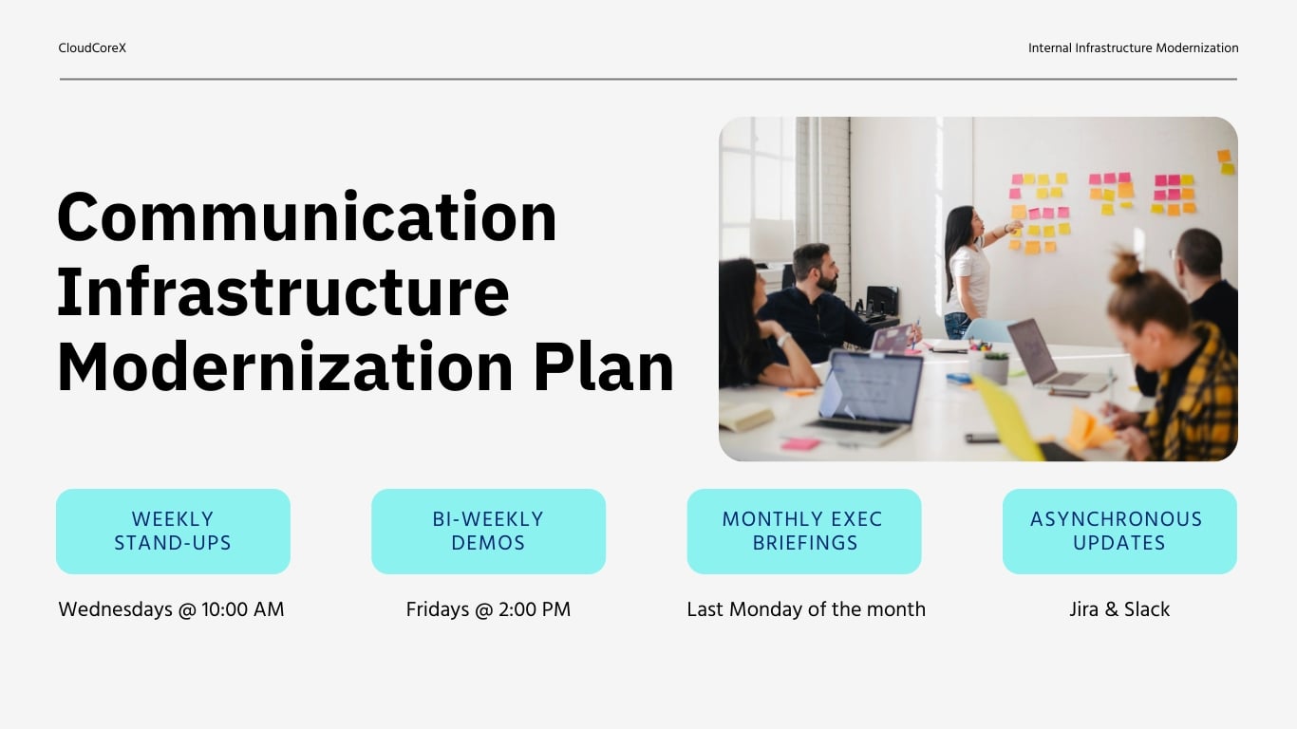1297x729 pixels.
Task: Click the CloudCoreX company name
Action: click(x=92, y=48)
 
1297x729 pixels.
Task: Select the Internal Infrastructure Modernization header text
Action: click(x=1133, y=48)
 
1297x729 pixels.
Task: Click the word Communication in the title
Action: click(x=307, y=217)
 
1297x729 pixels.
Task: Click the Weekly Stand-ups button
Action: click(x=173, y=532)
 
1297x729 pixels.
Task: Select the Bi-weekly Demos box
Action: click(x=488, y=532)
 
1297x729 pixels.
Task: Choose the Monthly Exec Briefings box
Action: click(x=803, y=532)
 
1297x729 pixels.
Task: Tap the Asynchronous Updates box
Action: click(x=1119, y=532)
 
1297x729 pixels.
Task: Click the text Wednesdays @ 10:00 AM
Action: click(x=171, y=609)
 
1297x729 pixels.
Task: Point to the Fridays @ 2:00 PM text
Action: click(x=488, y=609)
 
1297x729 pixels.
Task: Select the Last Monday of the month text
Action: click(x=805, y=609)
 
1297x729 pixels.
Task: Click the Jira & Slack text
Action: click(x=1119, y=609)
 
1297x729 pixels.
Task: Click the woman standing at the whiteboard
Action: click(x=967, y=270)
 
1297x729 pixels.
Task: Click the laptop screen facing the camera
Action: click(x=874, y=385)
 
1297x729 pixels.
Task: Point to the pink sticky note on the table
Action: click(x=799, y=443)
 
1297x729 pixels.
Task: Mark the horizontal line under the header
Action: click(x=648, y=79)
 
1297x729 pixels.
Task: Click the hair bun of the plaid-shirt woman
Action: click(x=1127, y=269)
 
